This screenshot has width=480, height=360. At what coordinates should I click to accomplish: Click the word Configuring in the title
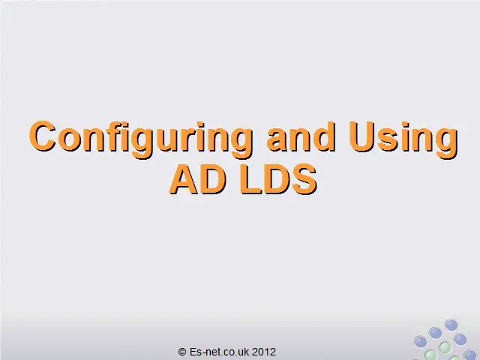(141, 139)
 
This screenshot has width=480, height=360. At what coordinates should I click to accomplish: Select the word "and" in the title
(301, 136)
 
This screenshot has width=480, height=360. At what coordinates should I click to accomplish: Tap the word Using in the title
(403, 139)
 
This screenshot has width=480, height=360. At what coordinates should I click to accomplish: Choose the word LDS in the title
(278, 180)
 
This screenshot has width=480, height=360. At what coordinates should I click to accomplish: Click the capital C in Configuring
(43, 136)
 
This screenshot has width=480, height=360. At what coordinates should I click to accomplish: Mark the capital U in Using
(361, 136)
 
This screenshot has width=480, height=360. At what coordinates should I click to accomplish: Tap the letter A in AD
(184, 180)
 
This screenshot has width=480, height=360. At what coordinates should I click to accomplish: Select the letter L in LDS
(250, 180)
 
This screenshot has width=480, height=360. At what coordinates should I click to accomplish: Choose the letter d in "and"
(325, 136)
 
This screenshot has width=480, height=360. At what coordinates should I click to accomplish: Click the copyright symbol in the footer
(182, 352)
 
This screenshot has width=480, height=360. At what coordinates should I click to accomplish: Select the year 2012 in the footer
(263, 352)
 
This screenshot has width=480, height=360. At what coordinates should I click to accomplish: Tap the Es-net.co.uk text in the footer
(220, 352)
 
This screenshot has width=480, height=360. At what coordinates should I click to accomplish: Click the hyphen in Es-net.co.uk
(203, 353)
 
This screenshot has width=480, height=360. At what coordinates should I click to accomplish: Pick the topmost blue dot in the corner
(451, 325)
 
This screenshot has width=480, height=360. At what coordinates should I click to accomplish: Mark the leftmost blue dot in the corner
(421, 342)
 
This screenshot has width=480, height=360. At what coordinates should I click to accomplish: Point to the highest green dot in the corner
(445, 347)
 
